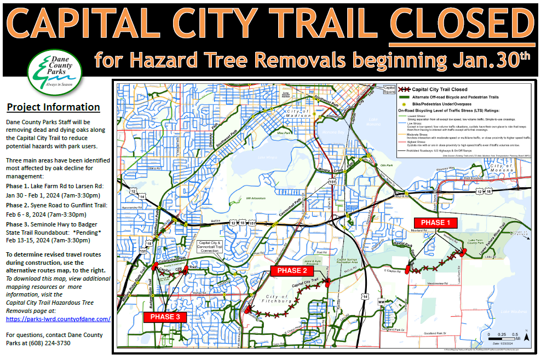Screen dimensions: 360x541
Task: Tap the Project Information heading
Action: coord(53,107)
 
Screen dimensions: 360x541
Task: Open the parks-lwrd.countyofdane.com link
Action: coord(57,319)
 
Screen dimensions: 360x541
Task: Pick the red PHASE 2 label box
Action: coord(292,270)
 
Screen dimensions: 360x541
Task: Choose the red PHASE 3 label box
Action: coord(164,317)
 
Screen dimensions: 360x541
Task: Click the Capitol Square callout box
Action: coord(390,90)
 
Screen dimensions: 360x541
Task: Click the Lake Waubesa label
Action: coord(516,312)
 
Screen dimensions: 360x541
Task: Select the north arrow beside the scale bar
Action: coord(526,335)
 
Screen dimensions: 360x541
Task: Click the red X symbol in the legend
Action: coord(404,89)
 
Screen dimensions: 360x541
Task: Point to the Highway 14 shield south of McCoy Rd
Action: coord(364,296)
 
